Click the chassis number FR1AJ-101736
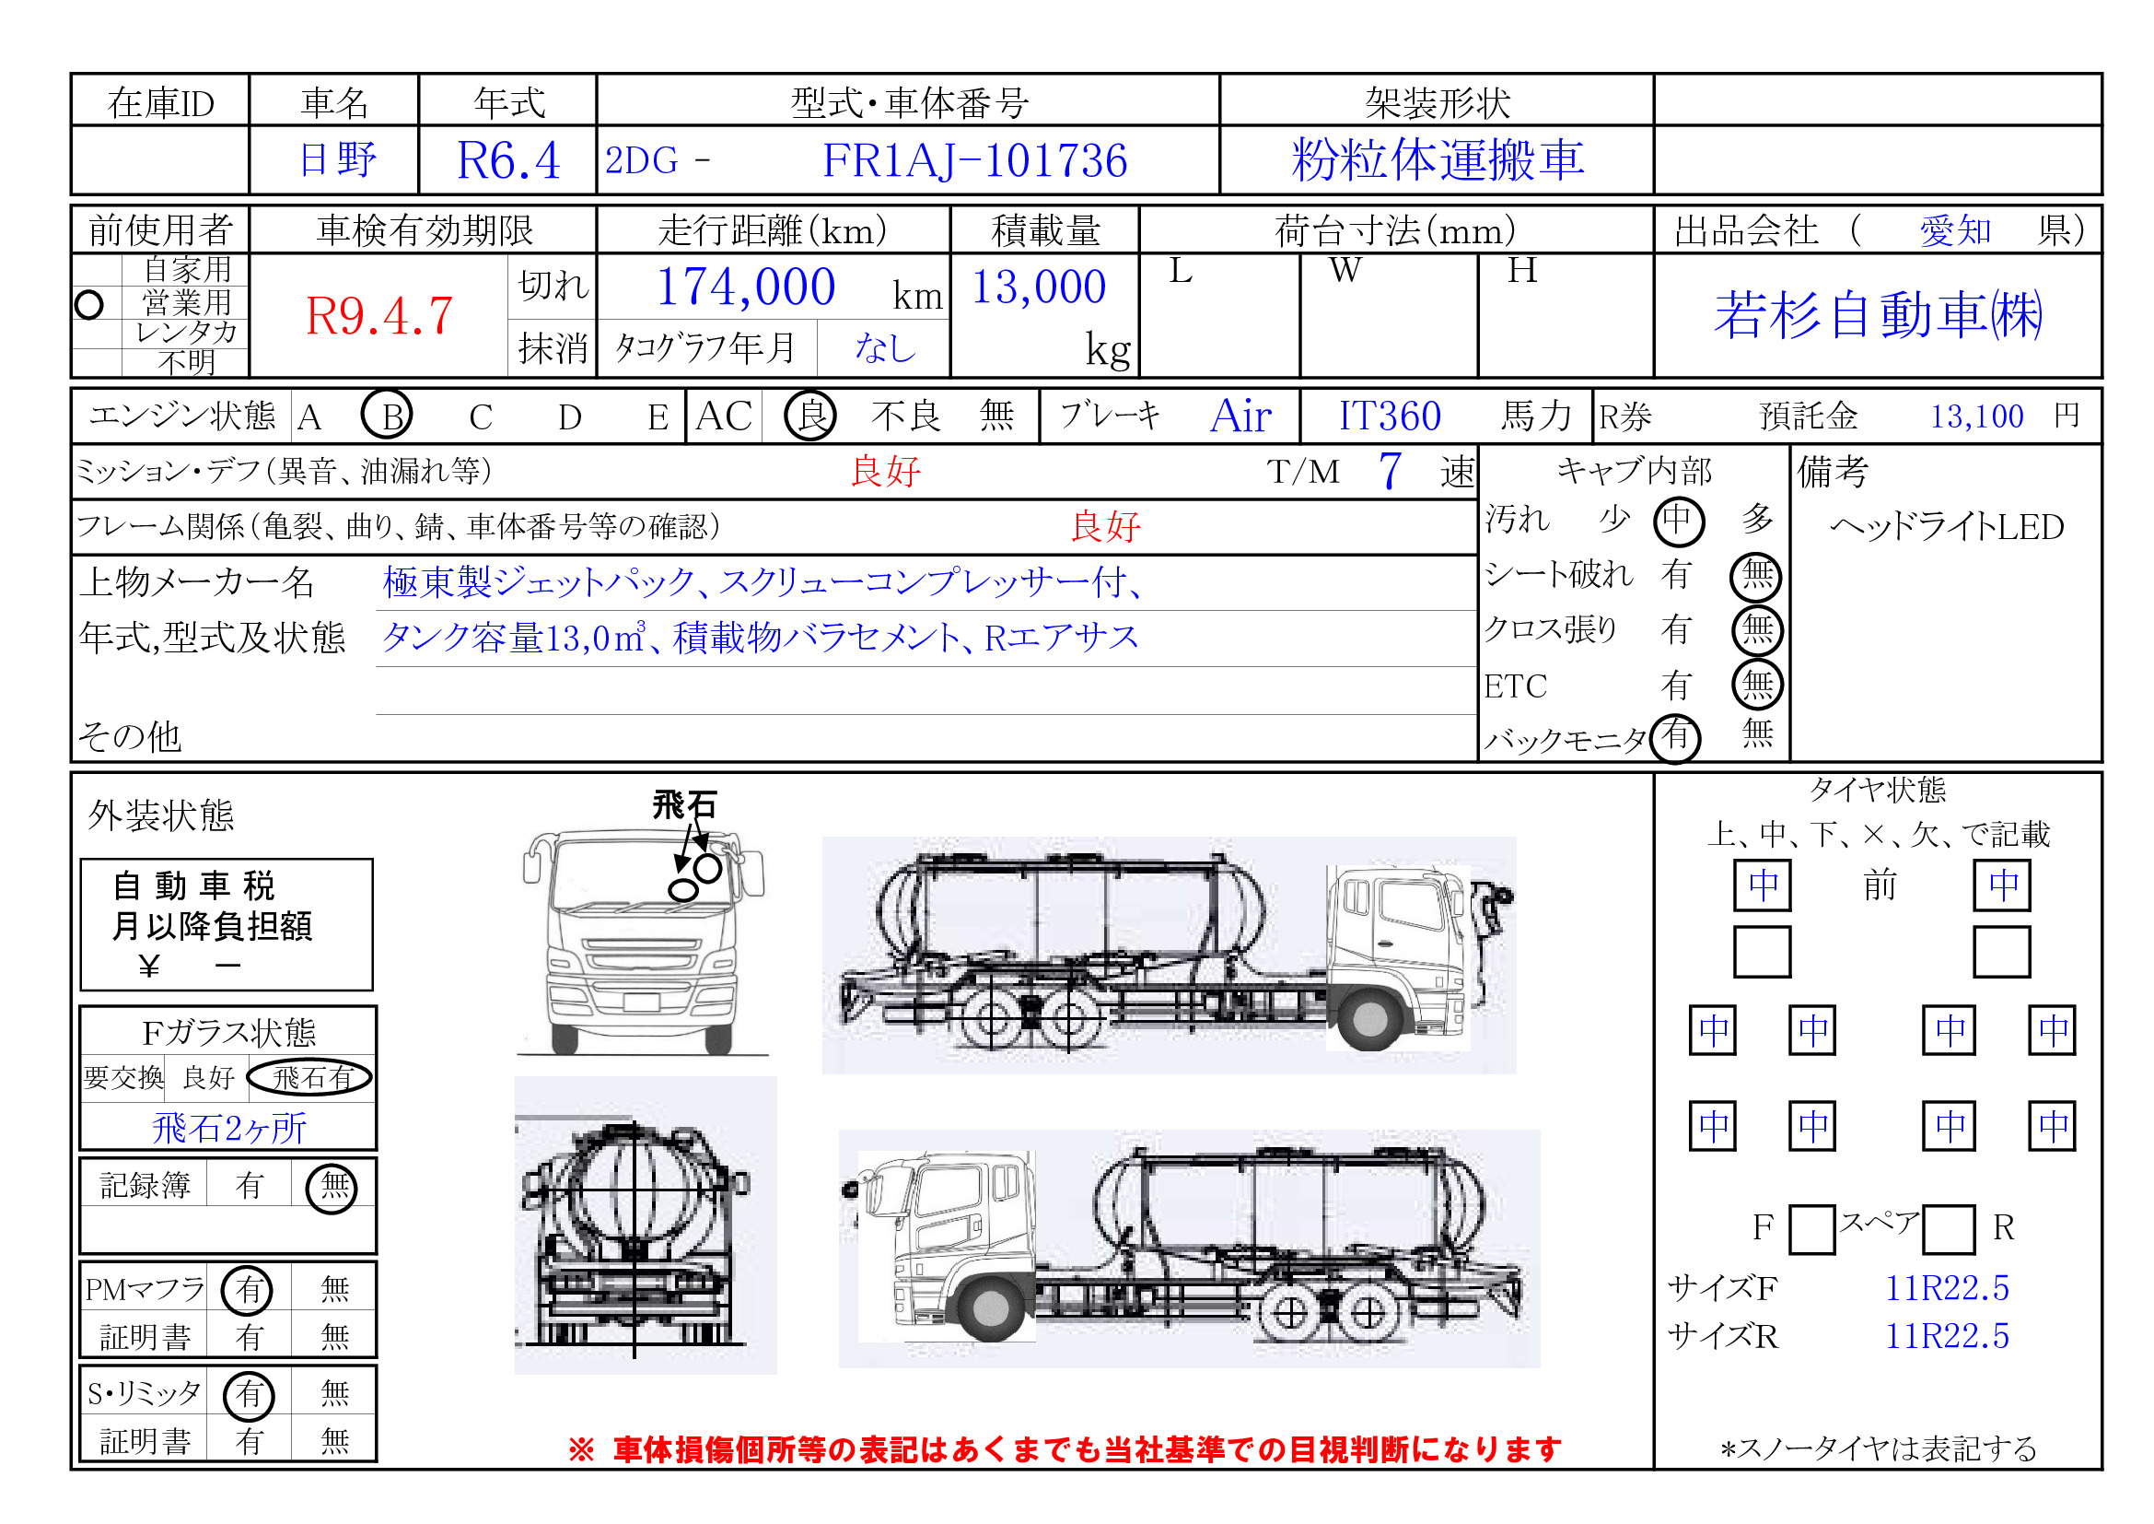973,160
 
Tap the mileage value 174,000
746,287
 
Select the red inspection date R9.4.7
380,315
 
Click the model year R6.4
508,160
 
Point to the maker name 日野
338,158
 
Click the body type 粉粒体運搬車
1438,159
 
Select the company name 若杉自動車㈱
1878,314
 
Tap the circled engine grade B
388,416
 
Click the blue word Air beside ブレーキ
1240,416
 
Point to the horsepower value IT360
1390,416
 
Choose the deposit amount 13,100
1976,416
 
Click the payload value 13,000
1039,287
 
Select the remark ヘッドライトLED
1948,526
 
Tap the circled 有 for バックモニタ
1675,737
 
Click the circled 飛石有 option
310,1078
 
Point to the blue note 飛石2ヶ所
229,1128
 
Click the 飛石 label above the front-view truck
684,805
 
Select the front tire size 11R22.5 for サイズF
1947,1288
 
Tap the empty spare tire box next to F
1811,1229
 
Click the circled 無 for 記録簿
332,1187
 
